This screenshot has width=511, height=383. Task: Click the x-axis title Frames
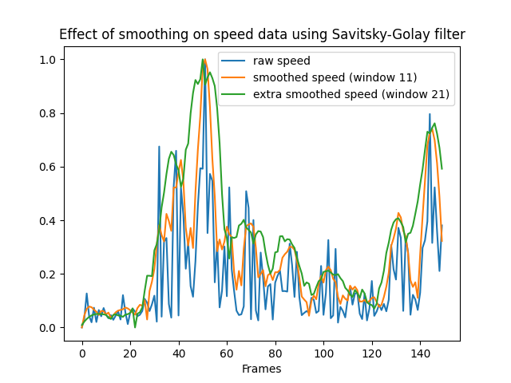point(261,369)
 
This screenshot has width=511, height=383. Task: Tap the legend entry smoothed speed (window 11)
point(335,77)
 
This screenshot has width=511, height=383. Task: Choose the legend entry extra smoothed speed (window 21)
point(351,94)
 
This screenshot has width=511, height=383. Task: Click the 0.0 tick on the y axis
point(48,328)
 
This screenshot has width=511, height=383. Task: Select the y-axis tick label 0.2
point(48,274)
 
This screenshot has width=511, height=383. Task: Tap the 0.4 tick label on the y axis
point(48,220)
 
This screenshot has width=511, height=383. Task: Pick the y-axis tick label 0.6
point(48,167)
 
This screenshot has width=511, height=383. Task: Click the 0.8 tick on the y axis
point(48,113)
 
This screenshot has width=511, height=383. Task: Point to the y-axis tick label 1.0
point(48,60)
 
